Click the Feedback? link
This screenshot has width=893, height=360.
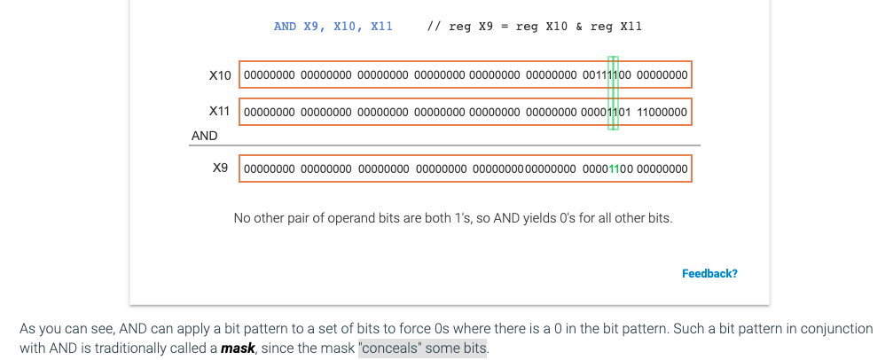click(709, 273)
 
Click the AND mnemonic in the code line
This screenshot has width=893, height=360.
click(285, 27)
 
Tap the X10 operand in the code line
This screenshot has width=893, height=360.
click(348, 27)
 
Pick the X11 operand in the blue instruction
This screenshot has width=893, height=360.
click(381, 27)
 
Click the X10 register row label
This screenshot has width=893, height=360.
click(220, 75)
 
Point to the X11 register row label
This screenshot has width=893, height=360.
click(220, 112)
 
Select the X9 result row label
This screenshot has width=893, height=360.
click(221, 168)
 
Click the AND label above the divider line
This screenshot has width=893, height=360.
click(205, 136)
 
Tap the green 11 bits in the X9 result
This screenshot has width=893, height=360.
click(614, 168)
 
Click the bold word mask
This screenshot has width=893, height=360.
click(238, 348)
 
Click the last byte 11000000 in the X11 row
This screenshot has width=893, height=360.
click(662, 113)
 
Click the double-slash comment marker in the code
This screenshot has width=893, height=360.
click(434, 27)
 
